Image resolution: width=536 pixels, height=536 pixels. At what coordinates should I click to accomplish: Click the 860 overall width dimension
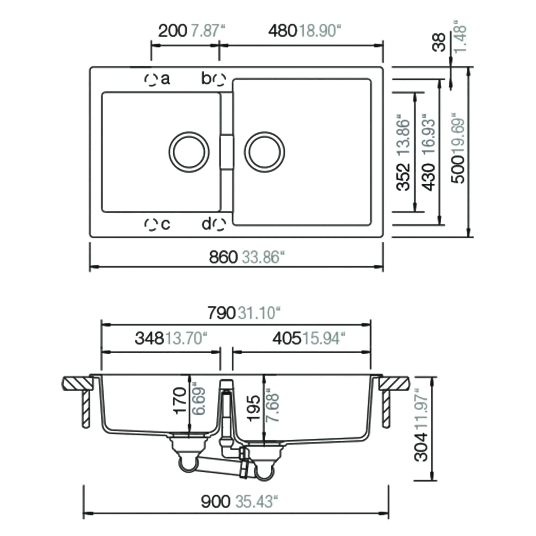click(x=223, y=257)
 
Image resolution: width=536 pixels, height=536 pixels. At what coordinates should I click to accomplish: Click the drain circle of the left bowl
click(x=189, y=152)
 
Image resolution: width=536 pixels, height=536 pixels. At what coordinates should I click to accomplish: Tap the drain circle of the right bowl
click(x=265, y=152)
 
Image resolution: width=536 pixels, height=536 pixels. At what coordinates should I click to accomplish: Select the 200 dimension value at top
click(x=173, y=31)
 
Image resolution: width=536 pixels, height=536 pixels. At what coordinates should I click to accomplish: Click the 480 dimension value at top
click(x=282, y=31)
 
